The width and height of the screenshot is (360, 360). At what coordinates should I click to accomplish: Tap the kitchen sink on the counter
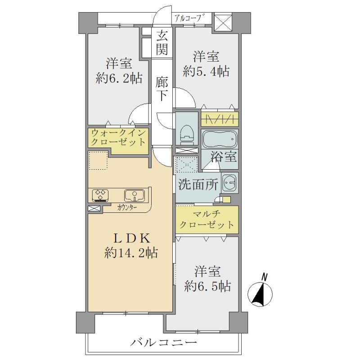[x=134, y=195]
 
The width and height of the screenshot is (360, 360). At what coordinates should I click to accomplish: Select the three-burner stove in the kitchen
[x=100, y=195]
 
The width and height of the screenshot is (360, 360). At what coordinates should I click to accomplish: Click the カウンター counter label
[x=127, y=208]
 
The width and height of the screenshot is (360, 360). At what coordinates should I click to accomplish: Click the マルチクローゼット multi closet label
[x=207, y=220]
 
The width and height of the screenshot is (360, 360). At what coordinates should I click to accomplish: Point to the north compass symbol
[x=260, y=294]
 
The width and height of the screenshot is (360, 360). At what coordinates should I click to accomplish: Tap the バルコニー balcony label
[x=164, y=343]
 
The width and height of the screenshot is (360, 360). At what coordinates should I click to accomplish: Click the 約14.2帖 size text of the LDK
[x=131, y=253]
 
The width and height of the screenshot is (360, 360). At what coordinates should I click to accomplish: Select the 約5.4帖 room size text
[x=206, y=71]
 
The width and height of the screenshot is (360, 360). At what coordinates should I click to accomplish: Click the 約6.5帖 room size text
[x=207, y=286]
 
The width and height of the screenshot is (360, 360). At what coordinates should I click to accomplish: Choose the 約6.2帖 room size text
[x=119, y=78]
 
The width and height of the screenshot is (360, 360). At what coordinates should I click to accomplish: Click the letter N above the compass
[x=265, y=277]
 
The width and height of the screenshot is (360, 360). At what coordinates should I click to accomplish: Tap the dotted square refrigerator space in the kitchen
[x=98, y=160]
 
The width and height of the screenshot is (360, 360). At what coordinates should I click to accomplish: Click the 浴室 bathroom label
[x=224, y=157]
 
